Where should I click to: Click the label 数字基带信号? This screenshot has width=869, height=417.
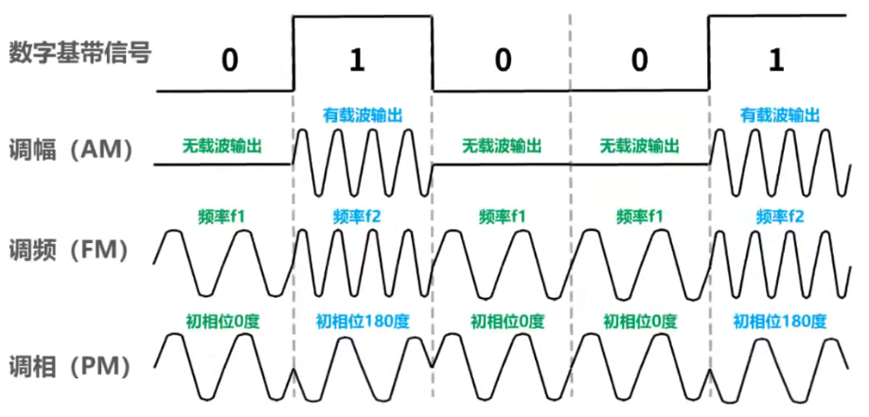(80, 53)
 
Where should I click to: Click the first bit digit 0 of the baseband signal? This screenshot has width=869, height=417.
(228, 61)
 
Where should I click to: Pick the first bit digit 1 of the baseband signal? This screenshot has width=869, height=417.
(356, 61)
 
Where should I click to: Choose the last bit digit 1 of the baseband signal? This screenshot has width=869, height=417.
(777, 61)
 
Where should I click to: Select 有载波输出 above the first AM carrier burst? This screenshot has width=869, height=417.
(363, 114)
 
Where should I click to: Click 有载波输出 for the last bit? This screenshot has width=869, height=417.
(780, 114)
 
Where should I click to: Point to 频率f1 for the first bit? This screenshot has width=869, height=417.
(222, 216)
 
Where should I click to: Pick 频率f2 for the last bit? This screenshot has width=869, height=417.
(780, 216)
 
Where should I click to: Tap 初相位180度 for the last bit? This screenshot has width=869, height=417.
(780, 319)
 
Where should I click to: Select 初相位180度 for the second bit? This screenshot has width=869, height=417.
(363, 319)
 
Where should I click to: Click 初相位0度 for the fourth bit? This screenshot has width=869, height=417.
(640, 319)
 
